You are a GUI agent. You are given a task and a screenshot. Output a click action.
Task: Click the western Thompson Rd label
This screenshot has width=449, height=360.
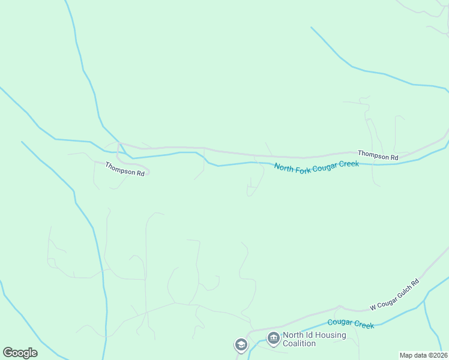tap(125, 169)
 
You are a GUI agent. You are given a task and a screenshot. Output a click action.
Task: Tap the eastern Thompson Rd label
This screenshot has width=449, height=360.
tap(378, 155)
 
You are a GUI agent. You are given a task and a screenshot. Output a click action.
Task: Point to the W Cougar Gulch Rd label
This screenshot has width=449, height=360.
tap(394, 295)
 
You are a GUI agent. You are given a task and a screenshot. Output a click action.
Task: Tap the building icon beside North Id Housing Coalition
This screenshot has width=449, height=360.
tap(274, 339)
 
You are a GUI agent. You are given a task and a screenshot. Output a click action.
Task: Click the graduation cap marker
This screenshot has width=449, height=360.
tap(241, 344)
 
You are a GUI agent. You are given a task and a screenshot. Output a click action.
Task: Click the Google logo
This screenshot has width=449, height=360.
tap(20, 353)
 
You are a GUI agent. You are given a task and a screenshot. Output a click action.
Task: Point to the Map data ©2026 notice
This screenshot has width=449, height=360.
tap(423, 355)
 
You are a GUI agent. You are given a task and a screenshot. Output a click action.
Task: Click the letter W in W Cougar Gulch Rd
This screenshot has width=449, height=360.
tap(372, 307)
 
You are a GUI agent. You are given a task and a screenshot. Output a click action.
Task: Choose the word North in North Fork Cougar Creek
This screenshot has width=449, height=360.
tap(284, 168)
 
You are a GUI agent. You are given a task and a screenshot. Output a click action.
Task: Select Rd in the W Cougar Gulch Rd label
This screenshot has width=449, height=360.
tap(415, 282)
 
